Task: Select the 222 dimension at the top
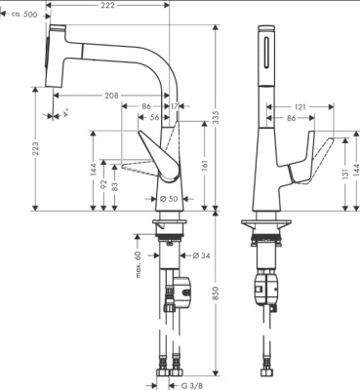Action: coord(108,7)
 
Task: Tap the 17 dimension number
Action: coord(176,105)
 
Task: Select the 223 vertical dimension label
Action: coord(36,147)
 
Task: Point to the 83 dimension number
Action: coord(116,187)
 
